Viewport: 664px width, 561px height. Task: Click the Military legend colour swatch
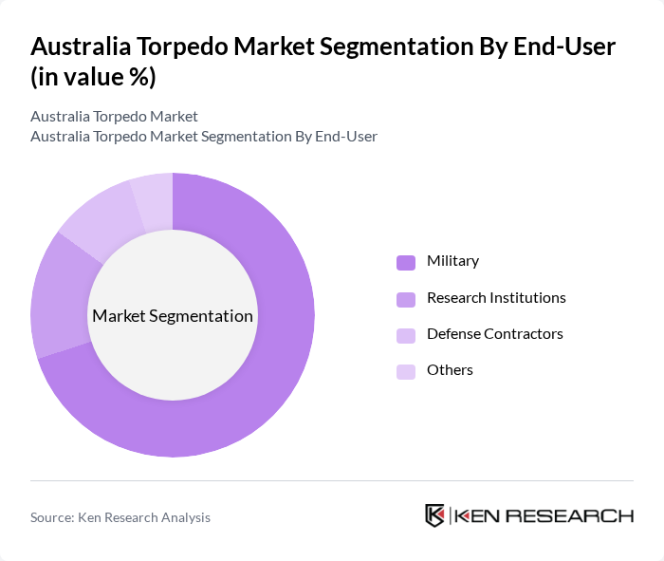pos(406,262)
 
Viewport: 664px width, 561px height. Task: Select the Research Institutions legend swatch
pos(406,299)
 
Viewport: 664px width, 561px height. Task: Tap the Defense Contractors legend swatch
pos(406,335)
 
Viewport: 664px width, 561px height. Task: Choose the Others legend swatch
pos(406,371)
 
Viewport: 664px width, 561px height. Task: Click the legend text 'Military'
pos(452,261)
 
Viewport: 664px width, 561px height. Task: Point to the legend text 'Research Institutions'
pos(496,298)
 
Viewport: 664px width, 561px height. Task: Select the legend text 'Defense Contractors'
pos(494,334)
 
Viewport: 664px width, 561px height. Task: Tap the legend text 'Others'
pos(450,370)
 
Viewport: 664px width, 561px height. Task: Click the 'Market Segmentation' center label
pos(173,316)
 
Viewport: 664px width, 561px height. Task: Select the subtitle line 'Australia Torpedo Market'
pos(114,117)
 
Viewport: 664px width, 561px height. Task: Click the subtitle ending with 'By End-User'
pos(203,137)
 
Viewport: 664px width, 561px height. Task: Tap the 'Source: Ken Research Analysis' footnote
pos(120,517)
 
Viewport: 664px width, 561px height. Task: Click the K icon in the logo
pos(434,515)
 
